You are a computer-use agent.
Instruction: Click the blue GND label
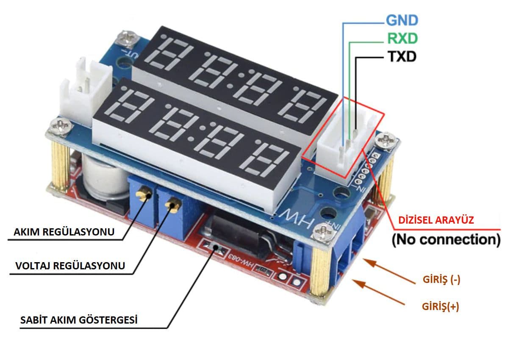coord(402,20)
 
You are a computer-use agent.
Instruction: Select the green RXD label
coord(402,38)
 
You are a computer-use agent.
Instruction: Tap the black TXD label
coord(402,56)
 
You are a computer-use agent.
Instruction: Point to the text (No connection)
coord(446,240)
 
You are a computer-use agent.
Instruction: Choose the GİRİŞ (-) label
coord(441,279)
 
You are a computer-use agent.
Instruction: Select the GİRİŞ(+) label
coord(441,306)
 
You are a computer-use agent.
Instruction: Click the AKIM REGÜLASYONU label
coord(64,232)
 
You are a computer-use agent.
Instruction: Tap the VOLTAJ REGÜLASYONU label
coord(70,266)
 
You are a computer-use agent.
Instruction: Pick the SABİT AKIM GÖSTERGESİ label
coord(79,320)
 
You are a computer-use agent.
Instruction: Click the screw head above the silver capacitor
coord(61,126)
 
